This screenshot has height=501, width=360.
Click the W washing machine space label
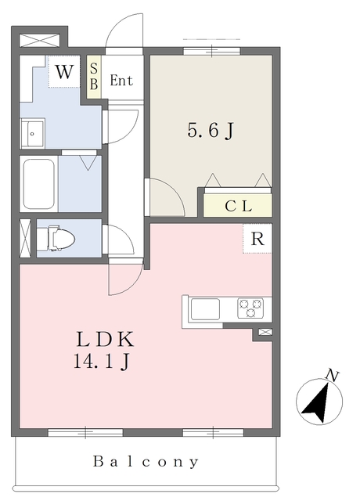coord(64,71)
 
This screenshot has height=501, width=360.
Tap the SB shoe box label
coord(94,77)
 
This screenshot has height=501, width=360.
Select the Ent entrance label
coord(121,80)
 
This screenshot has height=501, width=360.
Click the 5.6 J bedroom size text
coord(211,131)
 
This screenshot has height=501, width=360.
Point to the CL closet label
coord(238,206)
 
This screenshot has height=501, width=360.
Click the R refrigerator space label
coord(257,239)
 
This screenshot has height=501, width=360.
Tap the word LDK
coord(105,339)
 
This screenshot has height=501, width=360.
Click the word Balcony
coord(146,462)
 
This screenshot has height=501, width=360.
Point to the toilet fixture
coord(56,238)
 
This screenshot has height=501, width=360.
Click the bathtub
coord(38,184)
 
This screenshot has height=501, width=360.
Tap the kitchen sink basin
coord(205,309)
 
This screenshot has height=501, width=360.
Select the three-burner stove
coord(250,308)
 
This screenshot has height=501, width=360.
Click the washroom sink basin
coord(32,133)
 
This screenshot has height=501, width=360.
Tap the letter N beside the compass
coord(332,376)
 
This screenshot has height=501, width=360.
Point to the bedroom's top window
coord(212,50)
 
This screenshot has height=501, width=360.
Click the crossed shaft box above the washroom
coord(40,40)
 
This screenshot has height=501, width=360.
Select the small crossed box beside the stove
coord(265,332)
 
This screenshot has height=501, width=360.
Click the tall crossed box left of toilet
coord(25,238)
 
